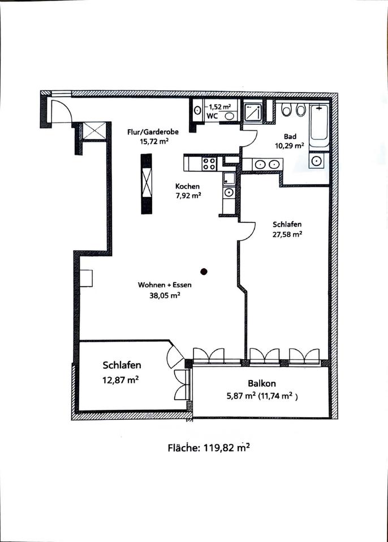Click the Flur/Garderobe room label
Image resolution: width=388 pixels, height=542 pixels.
click(153, 132)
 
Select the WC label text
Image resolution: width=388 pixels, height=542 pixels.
click(212, 116)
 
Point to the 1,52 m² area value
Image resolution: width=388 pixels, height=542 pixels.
click(219, 107)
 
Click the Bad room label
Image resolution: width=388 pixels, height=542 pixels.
click(290, 137)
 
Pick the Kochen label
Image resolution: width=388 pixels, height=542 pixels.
click(187, 186)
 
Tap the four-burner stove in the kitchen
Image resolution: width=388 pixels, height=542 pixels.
click(209, 163)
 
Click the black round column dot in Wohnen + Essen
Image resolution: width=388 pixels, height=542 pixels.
click(204, 272)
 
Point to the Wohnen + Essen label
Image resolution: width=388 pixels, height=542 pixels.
click(165, 285)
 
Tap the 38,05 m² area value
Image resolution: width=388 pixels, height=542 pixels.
click(165, 295)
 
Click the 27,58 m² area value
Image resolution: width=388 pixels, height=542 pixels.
click(287, 234)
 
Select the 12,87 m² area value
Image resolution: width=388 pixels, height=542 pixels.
click(120, 380)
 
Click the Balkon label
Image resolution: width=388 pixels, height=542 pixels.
click(262, 383)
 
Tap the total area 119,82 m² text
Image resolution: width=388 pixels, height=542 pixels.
click(209, 448)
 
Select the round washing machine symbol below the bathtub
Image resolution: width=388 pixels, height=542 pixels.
click(316, 161)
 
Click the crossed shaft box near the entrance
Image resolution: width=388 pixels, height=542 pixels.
click(94, 131)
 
